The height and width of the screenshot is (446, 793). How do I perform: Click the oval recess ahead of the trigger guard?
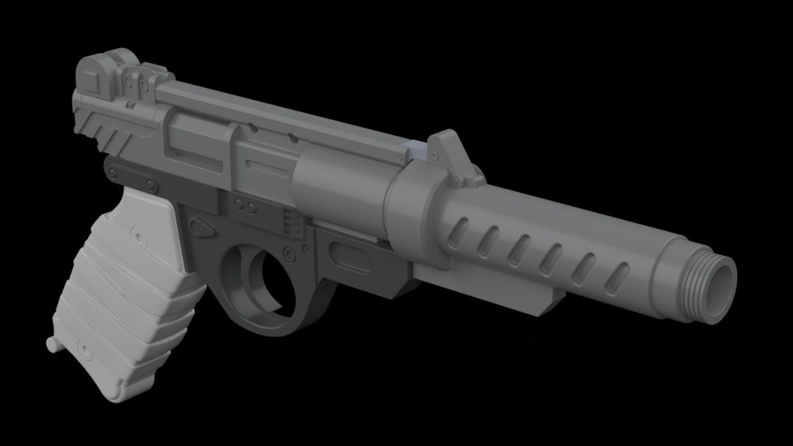pos(350,256)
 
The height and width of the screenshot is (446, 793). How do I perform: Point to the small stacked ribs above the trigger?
pos(291,221)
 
